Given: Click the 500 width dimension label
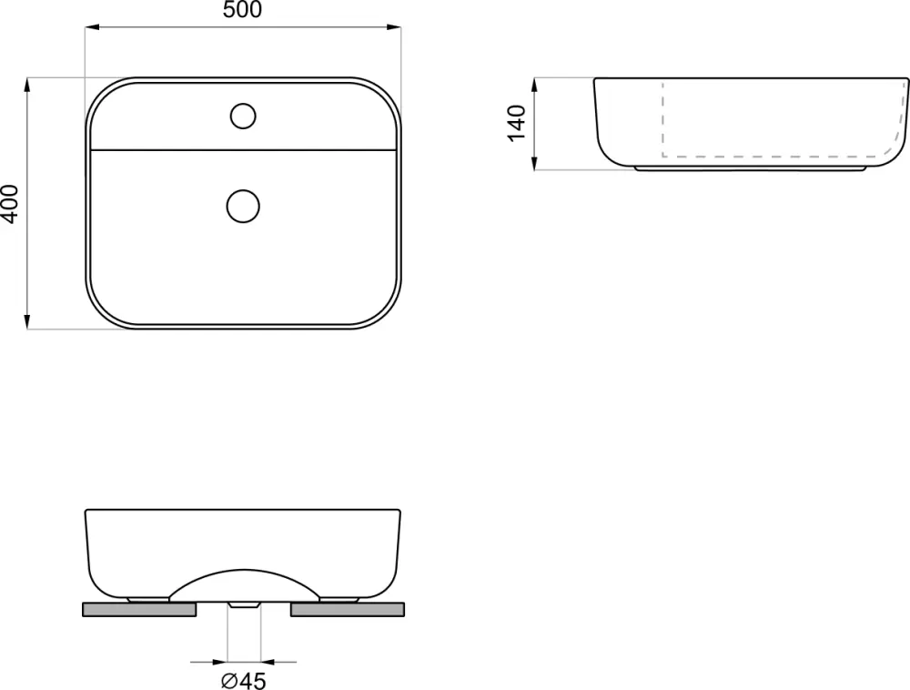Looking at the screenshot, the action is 243,9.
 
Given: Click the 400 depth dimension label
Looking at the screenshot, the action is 10,204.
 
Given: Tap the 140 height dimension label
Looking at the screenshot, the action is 516,123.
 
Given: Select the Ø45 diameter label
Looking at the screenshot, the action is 244,680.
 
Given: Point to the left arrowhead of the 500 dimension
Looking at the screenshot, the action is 92,26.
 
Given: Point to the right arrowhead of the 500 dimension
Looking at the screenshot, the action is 394,26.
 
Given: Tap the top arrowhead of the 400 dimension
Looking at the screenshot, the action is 27,85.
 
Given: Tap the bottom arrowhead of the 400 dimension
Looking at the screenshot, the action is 27,321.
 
